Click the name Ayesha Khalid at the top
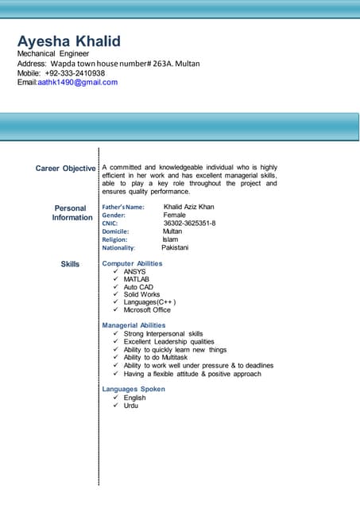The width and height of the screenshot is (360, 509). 69,41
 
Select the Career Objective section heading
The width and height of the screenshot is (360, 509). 65,169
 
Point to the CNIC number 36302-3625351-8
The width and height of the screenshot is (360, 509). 189,223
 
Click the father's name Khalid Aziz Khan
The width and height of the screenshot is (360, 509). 188,207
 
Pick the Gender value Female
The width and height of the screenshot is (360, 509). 175,216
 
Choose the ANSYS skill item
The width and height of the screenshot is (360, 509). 134,271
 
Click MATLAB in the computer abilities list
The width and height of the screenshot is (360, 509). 136,279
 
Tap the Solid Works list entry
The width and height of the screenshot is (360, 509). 141,294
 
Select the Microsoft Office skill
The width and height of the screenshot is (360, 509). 147,310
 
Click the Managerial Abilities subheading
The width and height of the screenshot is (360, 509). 134,325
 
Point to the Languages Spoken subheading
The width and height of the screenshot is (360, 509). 134,389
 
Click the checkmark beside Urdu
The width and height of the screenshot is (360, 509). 116,406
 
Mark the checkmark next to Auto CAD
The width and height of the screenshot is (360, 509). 116,287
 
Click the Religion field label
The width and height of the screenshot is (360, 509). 114,239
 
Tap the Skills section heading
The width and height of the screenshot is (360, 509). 70,263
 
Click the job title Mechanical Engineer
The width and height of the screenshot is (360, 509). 53,53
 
